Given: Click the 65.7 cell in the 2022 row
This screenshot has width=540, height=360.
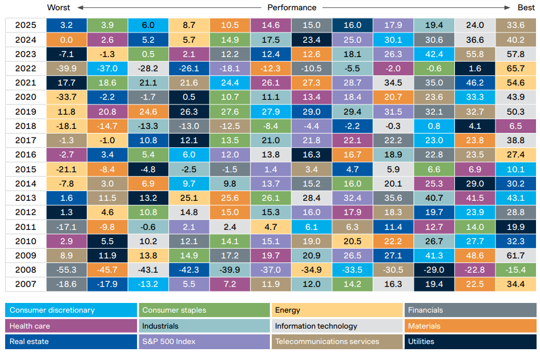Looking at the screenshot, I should point(515,69).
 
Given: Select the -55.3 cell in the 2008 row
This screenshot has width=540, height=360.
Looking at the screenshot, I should point(66,270).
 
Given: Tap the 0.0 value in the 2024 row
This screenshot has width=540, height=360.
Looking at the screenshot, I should point(66,40).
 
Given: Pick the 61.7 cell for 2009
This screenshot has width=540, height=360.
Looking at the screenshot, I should point(515,256).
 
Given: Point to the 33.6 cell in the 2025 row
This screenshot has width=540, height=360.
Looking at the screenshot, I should point(515,25).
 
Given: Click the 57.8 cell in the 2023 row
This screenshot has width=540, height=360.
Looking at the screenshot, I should point(515,54).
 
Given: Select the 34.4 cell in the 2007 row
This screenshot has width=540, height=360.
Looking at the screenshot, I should point(515,284).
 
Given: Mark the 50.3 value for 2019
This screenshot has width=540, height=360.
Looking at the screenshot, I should point(515,112).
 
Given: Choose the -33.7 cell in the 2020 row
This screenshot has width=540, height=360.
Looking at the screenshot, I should point(66,98).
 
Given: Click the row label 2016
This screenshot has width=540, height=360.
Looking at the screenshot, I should point(25,155).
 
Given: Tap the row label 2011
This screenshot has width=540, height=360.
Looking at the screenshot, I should point(25,227).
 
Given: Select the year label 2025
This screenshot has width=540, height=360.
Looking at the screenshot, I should point(25,25).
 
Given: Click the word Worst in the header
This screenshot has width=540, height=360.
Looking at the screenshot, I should point(59,7).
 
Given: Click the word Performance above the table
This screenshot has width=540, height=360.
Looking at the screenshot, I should point(291,7).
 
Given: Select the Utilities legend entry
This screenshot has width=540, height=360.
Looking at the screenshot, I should point(421,342).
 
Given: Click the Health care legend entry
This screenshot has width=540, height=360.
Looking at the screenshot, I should point(30,326).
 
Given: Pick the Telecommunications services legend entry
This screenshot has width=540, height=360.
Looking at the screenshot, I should point(327,342).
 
